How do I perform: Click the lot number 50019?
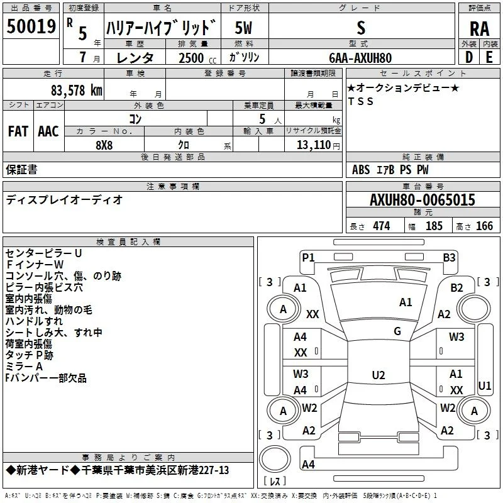pos(31,26)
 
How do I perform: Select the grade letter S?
pos(361,28)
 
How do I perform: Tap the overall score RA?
pos(479,29)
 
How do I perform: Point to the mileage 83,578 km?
pos(76,91)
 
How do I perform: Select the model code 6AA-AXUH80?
pos(360,58)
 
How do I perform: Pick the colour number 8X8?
pos(104,145)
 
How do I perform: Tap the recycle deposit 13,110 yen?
pos(318,145)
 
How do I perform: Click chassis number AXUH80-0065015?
pos(423,200)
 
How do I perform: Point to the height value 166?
pos(484,226)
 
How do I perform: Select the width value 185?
pos(434,226)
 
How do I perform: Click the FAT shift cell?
pos(18,131)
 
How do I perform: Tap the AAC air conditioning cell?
pos(48,131)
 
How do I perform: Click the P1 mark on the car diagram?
pos(308,257)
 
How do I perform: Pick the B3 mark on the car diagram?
pos(449,257)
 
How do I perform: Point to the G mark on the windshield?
pos(397,331)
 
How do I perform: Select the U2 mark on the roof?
pos(379,375)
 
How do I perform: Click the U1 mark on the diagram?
pos(484,385)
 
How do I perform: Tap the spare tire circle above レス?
pos(275,459)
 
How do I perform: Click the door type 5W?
pos(243,28)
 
